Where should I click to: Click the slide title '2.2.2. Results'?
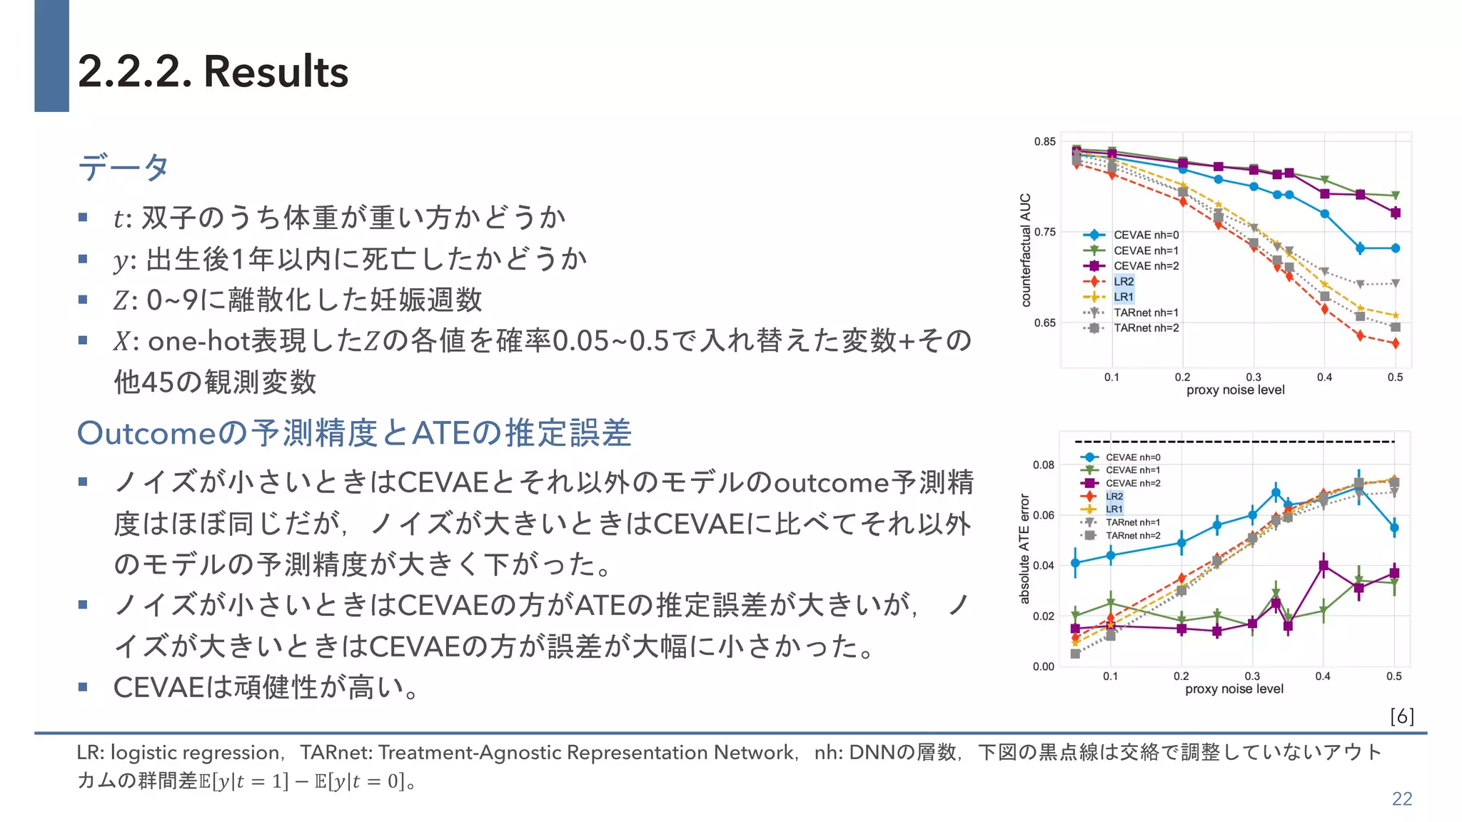[213, 71]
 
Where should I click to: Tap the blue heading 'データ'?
[123, 167]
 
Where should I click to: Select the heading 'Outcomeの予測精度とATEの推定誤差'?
[354, 433]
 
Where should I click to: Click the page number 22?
[1401, 798]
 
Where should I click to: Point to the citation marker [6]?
[1401, 716]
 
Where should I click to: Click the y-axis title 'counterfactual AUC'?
[1026, 250]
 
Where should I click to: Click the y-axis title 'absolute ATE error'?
[1024, 548]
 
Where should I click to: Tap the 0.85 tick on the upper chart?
[1044, 141]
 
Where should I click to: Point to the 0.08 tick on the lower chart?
[1043, 465]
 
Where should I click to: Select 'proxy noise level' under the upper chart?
[1235, 390]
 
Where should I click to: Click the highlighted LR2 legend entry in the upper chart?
[1123, 281]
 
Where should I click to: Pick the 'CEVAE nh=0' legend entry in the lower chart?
[1132, 457]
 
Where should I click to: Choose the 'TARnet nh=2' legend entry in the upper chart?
[1146, 328]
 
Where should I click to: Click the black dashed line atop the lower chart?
[1234, 442]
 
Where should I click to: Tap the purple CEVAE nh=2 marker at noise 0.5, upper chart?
[1396, 213]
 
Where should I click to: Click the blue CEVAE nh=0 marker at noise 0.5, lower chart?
[1394, 528]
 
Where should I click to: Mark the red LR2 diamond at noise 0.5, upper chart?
[1396, 343]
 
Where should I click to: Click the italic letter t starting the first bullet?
[119, 218]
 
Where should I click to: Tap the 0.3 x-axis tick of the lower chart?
[1252, 676]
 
